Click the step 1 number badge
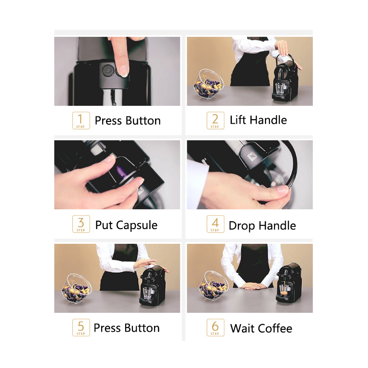point(81,121)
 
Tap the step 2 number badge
point(215,121)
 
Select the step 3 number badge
point(81,224)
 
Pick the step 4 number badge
point(215,224)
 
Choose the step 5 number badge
point(81,328)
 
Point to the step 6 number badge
point(215,328)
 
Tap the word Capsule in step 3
point(137,225)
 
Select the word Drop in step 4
point(242,226)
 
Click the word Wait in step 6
point(243,328)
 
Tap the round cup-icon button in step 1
point(108,70)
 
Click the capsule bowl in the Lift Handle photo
point(208,84)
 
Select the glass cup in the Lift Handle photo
point(281,88)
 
